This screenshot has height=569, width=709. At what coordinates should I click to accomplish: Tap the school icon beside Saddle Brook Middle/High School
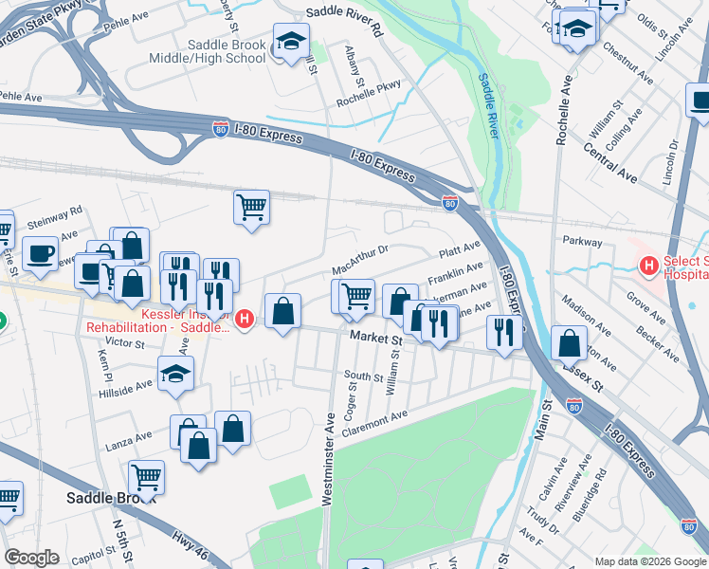(x=290, y=43)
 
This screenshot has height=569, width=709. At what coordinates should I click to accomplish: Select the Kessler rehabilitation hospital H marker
(x=245, y=320)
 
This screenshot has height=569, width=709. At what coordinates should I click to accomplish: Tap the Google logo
(x=31, y=558)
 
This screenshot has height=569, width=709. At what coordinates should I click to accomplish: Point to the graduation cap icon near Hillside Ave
(x=175, y=375)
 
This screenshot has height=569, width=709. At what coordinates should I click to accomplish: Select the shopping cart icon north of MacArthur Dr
(x=251, y=206)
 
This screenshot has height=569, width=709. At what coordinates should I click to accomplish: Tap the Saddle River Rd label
(x=342, y=16)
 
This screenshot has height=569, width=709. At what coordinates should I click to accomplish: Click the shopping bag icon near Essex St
(x=569, y=343)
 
